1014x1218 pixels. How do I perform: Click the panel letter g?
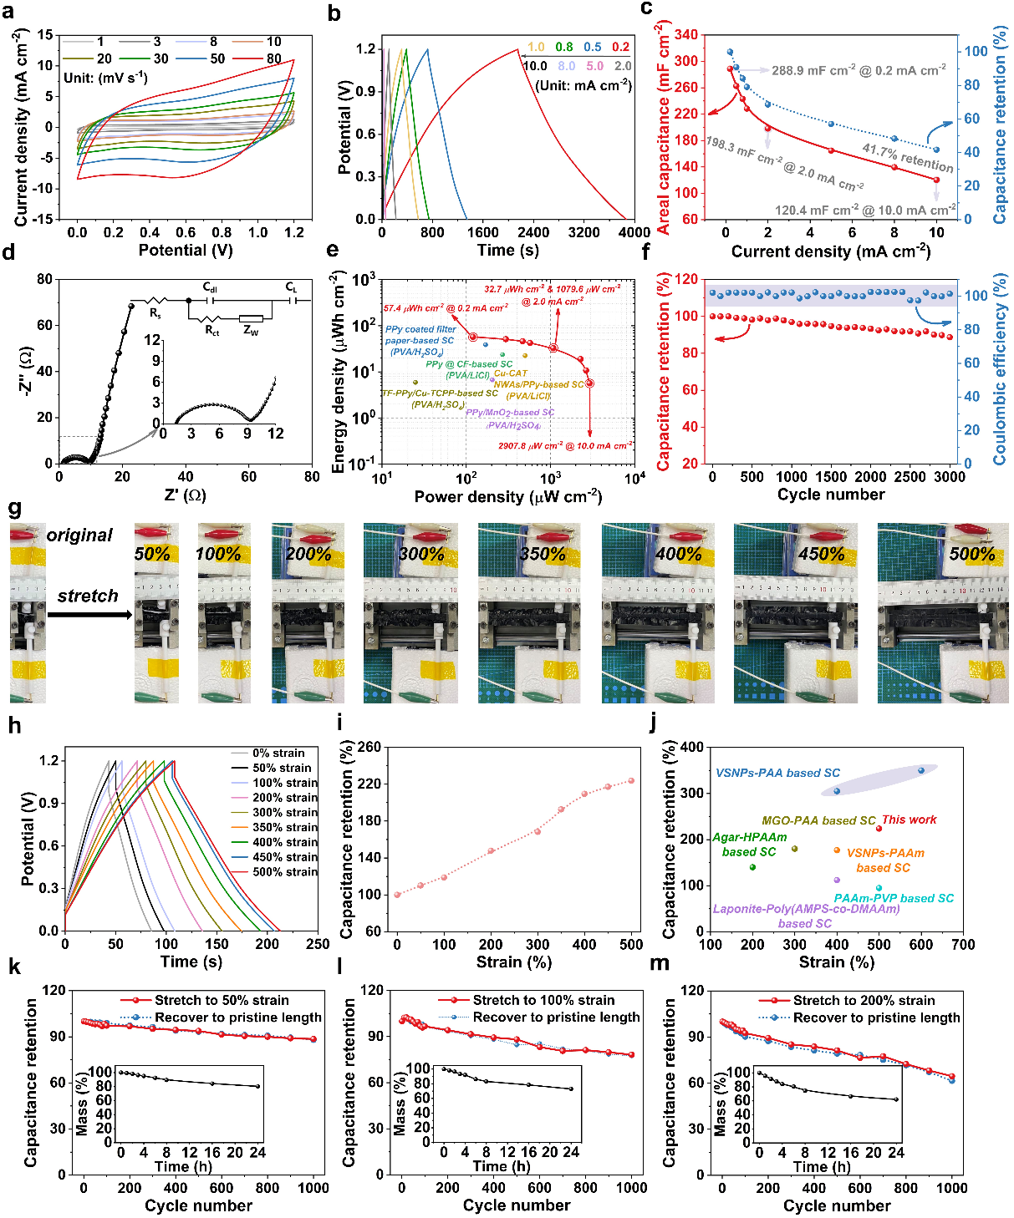click(15, 509)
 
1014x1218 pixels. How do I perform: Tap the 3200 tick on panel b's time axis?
click(583, 233)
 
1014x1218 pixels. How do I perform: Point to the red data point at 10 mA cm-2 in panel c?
click(936, 180)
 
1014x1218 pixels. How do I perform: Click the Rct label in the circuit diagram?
click(212, 332)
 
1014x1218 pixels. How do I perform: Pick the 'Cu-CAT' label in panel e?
click(511, 373)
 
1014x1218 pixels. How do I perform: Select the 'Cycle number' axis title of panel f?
click(830, 495)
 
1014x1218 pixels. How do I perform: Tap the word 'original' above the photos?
click(79, 535)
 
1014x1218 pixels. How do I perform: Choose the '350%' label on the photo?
click(543, 553)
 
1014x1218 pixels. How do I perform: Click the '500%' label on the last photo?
click(971, 553)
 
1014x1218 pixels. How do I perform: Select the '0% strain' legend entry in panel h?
click(279, 753)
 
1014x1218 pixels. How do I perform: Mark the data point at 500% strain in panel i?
click(631, 781)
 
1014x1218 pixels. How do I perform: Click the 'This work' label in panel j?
click(910, 820)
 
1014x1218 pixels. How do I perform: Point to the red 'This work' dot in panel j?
click(879, 828)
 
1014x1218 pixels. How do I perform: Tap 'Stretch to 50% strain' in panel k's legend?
click(222, 1000)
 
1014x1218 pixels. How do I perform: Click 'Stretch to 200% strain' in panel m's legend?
click(864, 1000)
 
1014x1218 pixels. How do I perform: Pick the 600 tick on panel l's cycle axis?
click(539, 1188)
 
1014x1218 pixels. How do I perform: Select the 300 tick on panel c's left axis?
click(685, 61)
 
